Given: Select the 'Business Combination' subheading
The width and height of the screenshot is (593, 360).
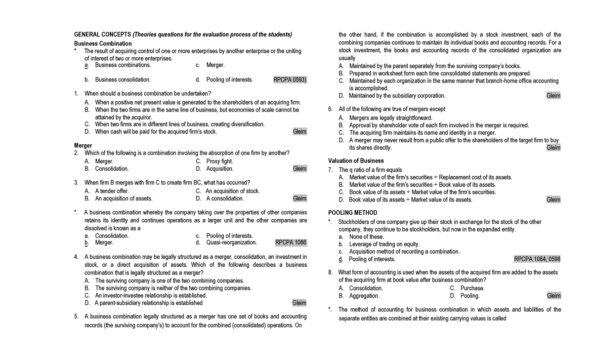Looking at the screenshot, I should click(103, 43).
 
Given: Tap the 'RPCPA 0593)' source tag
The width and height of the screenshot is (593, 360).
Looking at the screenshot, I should click(290, 80).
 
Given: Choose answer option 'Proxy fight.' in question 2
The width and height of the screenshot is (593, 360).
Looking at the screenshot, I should click(219, 161).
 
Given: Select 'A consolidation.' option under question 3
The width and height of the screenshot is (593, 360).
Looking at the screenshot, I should click(225, 199).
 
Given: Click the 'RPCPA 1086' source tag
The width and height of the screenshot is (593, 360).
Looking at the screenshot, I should click(291, 242).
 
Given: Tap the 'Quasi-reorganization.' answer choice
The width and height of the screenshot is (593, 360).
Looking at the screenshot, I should click(231, 242).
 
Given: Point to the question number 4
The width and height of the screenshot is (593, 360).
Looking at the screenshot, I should click(76, 257).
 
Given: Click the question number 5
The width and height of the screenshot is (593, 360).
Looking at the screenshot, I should click(76, 316).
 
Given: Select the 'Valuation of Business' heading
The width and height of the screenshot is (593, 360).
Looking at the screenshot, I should click(356, 161).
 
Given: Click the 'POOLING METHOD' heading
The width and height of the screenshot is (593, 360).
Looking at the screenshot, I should click(352, 213).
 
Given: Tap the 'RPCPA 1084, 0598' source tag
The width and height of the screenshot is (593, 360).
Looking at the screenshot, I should click(537, 259).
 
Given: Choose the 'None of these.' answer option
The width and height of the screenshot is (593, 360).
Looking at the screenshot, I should click(366, 237).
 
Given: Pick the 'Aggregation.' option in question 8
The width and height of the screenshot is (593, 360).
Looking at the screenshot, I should click(364, 296).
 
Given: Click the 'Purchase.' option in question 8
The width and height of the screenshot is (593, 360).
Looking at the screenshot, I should click(472, 288).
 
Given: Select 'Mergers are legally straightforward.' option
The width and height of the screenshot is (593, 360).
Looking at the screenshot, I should click(390, 118).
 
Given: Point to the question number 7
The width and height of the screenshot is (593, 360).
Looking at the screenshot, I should click(330, 170).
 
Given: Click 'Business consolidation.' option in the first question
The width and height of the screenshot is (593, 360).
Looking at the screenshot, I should click(123, 80).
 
